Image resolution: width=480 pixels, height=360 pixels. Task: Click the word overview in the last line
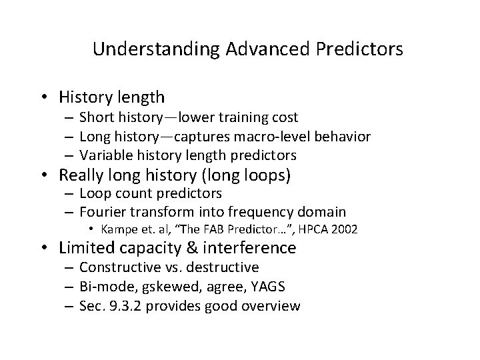272,306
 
